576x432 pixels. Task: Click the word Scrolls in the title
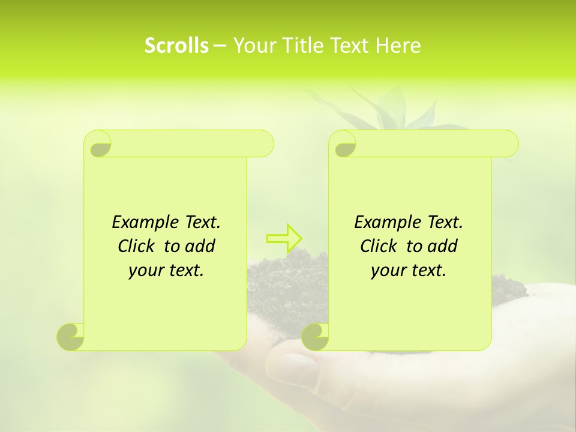[176, 46]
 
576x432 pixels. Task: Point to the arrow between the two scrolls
[284, 238]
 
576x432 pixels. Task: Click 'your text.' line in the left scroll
[166, 271]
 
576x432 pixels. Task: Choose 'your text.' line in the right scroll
[409, 271]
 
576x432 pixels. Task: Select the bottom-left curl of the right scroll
[316, 337]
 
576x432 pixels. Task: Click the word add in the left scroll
[200, 246]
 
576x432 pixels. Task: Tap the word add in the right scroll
[442, 246]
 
